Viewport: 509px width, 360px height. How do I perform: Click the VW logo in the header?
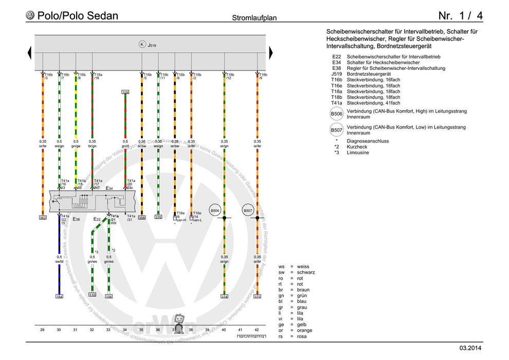tap(30, 15)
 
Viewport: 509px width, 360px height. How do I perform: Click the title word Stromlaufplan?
tap(254, 17)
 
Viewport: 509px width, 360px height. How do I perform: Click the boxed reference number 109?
tap(125, 92)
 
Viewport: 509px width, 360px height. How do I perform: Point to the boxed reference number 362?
tap(43, 218)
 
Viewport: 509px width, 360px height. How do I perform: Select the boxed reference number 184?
tap(60, 296)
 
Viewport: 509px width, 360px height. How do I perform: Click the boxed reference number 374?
tap(224, 296)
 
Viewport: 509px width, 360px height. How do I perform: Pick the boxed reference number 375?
tap(257, 296)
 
